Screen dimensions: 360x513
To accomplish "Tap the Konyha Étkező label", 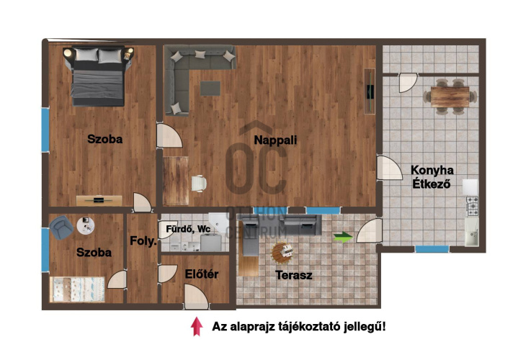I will click(x=432, y=176).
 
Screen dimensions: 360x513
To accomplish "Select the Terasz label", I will click(x=294, y=274).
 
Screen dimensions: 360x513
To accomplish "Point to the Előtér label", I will click(x=202, y=274).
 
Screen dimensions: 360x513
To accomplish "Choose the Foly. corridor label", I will click(x=143, y=242).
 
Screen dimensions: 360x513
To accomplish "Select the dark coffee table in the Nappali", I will click(x=210, y=88).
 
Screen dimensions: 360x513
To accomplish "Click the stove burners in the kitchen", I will click(x=472, y=206).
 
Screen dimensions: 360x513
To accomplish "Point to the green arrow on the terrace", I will click(x=344, y=235).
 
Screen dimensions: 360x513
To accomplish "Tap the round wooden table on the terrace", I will click(x=282, y=253).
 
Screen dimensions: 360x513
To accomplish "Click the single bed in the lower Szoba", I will click(x=79, y=289).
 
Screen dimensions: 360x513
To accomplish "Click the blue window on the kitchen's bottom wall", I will click(x=432, y=248).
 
